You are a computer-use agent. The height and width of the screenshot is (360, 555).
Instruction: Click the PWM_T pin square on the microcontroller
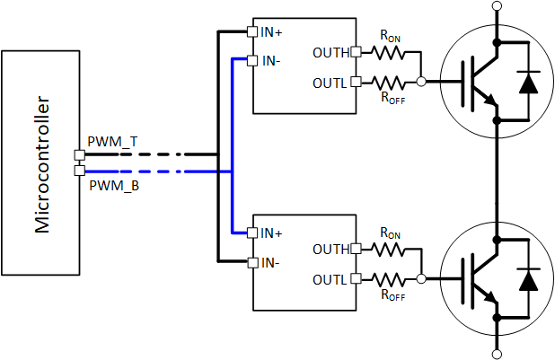pyautogui.click(x=79, y=154)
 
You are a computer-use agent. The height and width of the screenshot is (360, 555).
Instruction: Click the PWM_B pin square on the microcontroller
pyautogui.click(x=79, y=171)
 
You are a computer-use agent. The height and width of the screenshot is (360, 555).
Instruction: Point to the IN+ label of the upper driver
pyautogui.click(x=272, y=33)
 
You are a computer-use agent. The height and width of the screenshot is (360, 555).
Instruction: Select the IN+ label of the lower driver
pyautogui.click(x=272, y=233)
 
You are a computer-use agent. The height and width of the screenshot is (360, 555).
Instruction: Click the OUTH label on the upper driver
pyautogui.click(x=331, y=52)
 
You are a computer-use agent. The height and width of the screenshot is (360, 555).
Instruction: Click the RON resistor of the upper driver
pyautogui.click(x=388, y=52)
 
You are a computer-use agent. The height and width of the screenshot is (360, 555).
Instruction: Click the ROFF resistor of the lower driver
pyautogui.click(x=388, y=279)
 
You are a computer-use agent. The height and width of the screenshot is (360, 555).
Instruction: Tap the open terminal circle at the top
pyautogui.click(x=497, y=6)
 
